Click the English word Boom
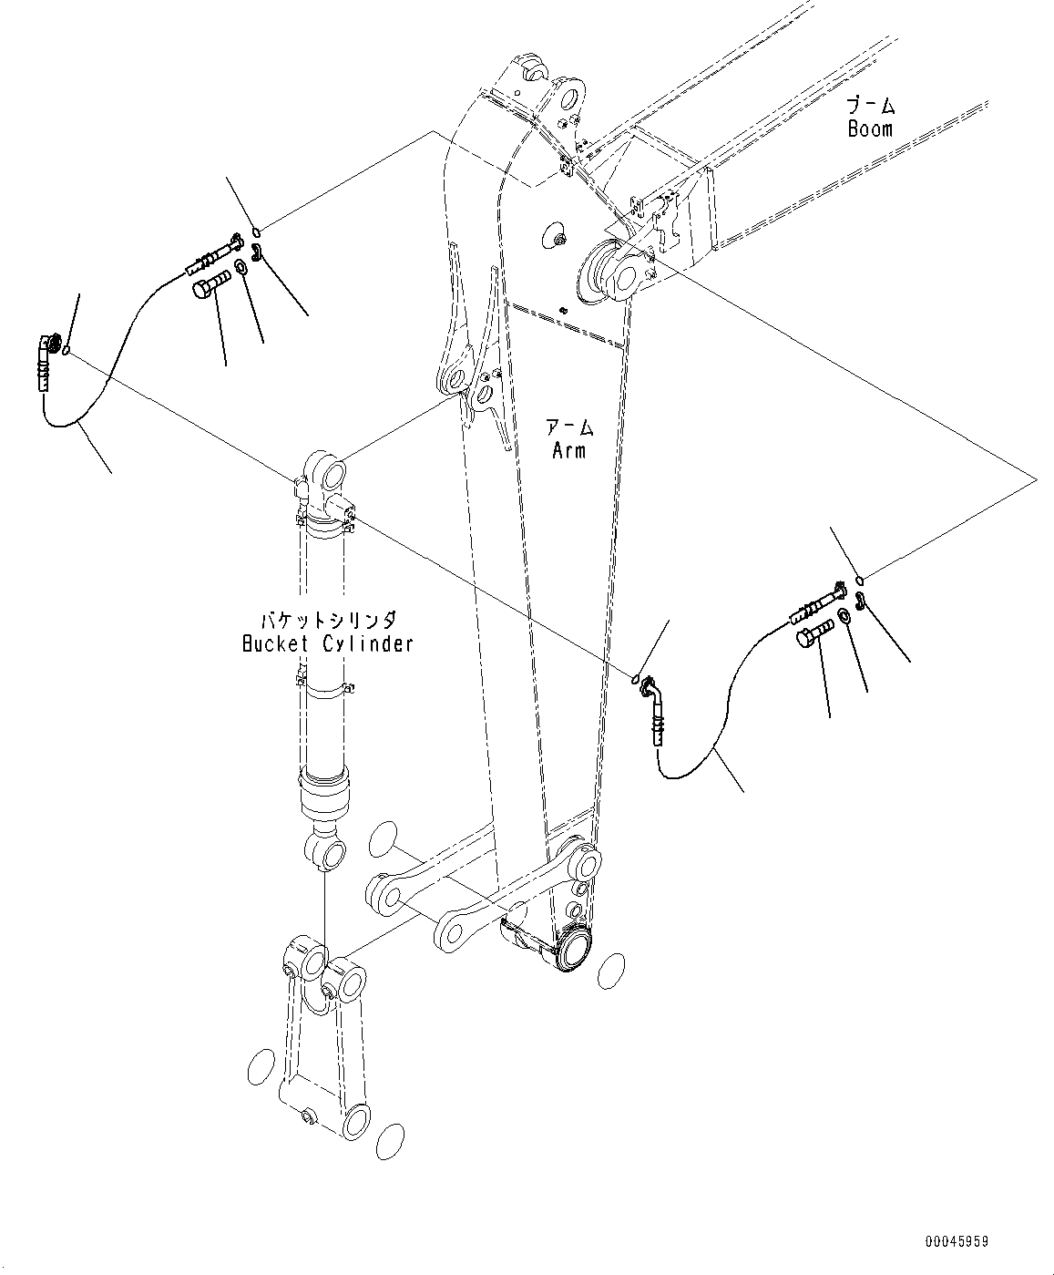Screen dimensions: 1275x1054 (x=870, y=129)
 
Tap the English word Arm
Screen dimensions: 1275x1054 (x=569, y=449)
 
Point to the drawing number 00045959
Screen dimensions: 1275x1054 (x=957, y=1241)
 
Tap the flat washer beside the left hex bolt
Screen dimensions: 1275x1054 (x=240, y=266)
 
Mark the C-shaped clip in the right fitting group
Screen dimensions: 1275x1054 (x=862, y=600)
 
